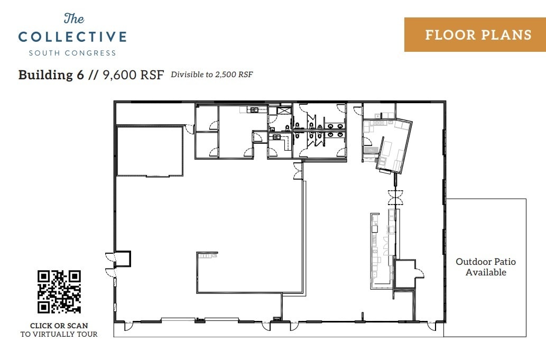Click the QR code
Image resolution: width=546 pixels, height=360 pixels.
pos(59,292)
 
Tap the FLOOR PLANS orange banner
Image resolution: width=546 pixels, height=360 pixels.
pos(475,35)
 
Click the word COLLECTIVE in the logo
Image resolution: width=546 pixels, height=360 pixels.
pos(72,37)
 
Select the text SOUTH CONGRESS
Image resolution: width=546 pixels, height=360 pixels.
pos(72,53)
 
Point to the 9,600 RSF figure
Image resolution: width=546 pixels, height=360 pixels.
pos(134,75)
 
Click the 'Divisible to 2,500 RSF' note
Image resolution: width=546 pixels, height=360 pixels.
pos(211,75)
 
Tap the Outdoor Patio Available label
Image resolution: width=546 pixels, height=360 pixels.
pos(486,267)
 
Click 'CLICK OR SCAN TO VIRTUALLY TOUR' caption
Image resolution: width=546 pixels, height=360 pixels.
pos(59,330)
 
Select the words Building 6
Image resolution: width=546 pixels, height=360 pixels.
pos(51,75)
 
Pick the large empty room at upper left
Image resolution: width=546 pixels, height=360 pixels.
pos(150,151)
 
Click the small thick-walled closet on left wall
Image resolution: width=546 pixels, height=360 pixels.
pos(123,259)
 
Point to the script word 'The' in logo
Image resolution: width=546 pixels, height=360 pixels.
pos(73,19)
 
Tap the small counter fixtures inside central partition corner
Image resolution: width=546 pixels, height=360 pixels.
pos(208,255)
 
